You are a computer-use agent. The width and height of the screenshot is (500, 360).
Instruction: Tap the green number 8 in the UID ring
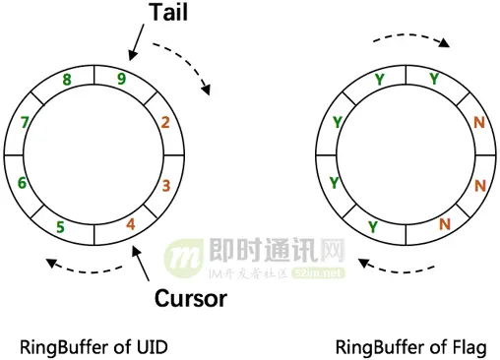point(67,80)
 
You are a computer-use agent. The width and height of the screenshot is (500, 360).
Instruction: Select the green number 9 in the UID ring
point(121,80)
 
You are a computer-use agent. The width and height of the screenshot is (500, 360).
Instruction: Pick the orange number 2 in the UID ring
point(164,123)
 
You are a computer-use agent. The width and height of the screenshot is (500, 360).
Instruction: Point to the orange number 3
point(166,184)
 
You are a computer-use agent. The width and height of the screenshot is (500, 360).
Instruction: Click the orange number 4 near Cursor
point(130,224)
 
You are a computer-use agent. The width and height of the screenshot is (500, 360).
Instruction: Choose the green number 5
point(61,227)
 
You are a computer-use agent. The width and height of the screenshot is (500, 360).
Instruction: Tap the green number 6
point(22,184)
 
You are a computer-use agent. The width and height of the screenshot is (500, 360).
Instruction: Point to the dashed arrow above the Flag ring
point(413,41)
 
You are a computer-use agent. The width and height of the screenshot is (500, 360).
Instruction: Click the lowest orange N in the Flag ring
point(444,224)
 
